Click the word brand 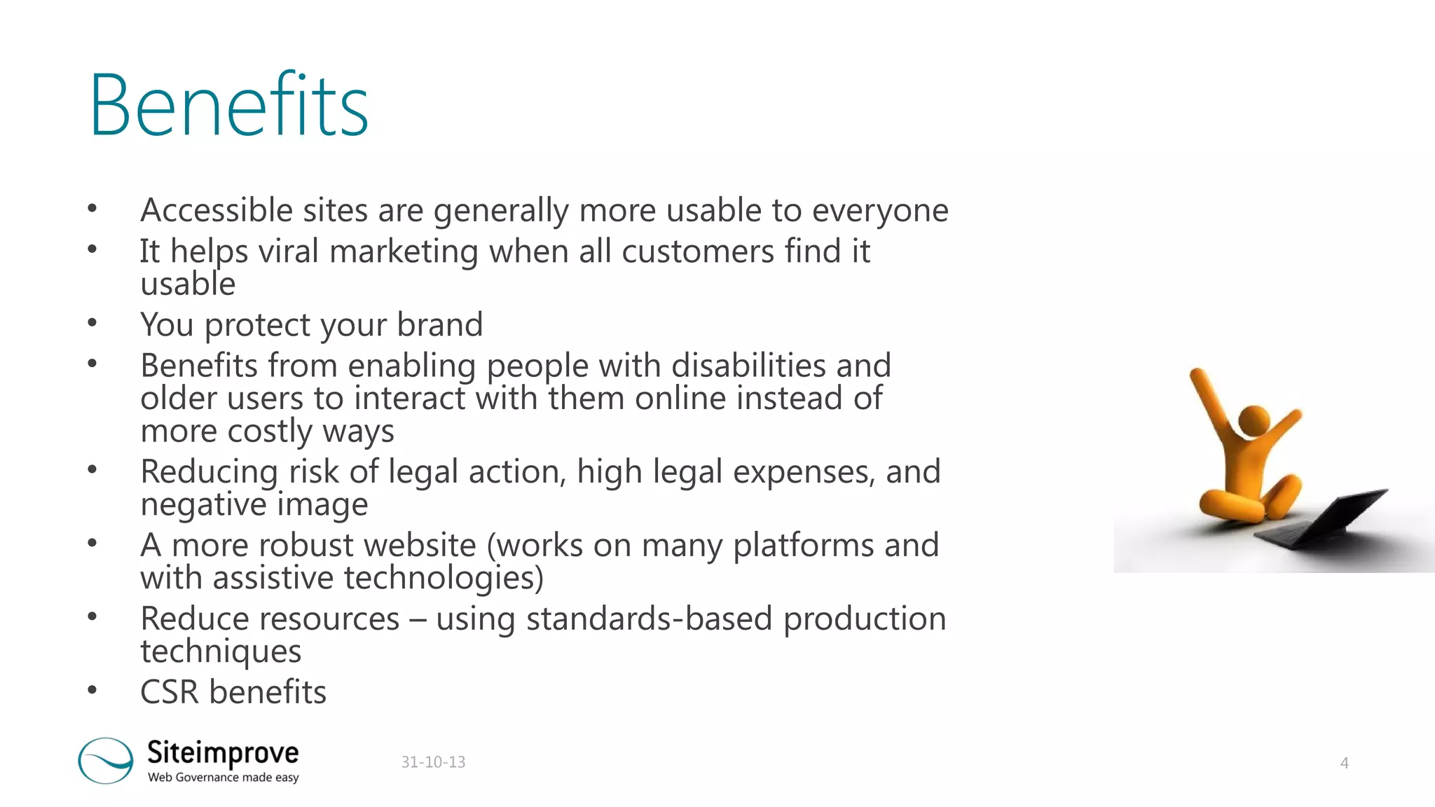(x=439, y=324)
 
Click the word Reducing (x=209, y=471)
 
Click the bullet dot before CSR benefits (x=92, y=691)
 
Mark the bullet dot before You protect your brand (x=92, y=323)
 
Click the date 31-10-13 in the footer (x=433, y=762)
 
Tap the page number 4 (x=1344, y=763)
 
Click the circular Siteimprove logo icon (x=105, y=760)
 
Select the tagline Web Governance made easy (x=223, y=778)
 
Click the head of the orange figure (x=1254, y=420)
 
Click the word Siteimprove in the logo (x=223, y=752)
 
